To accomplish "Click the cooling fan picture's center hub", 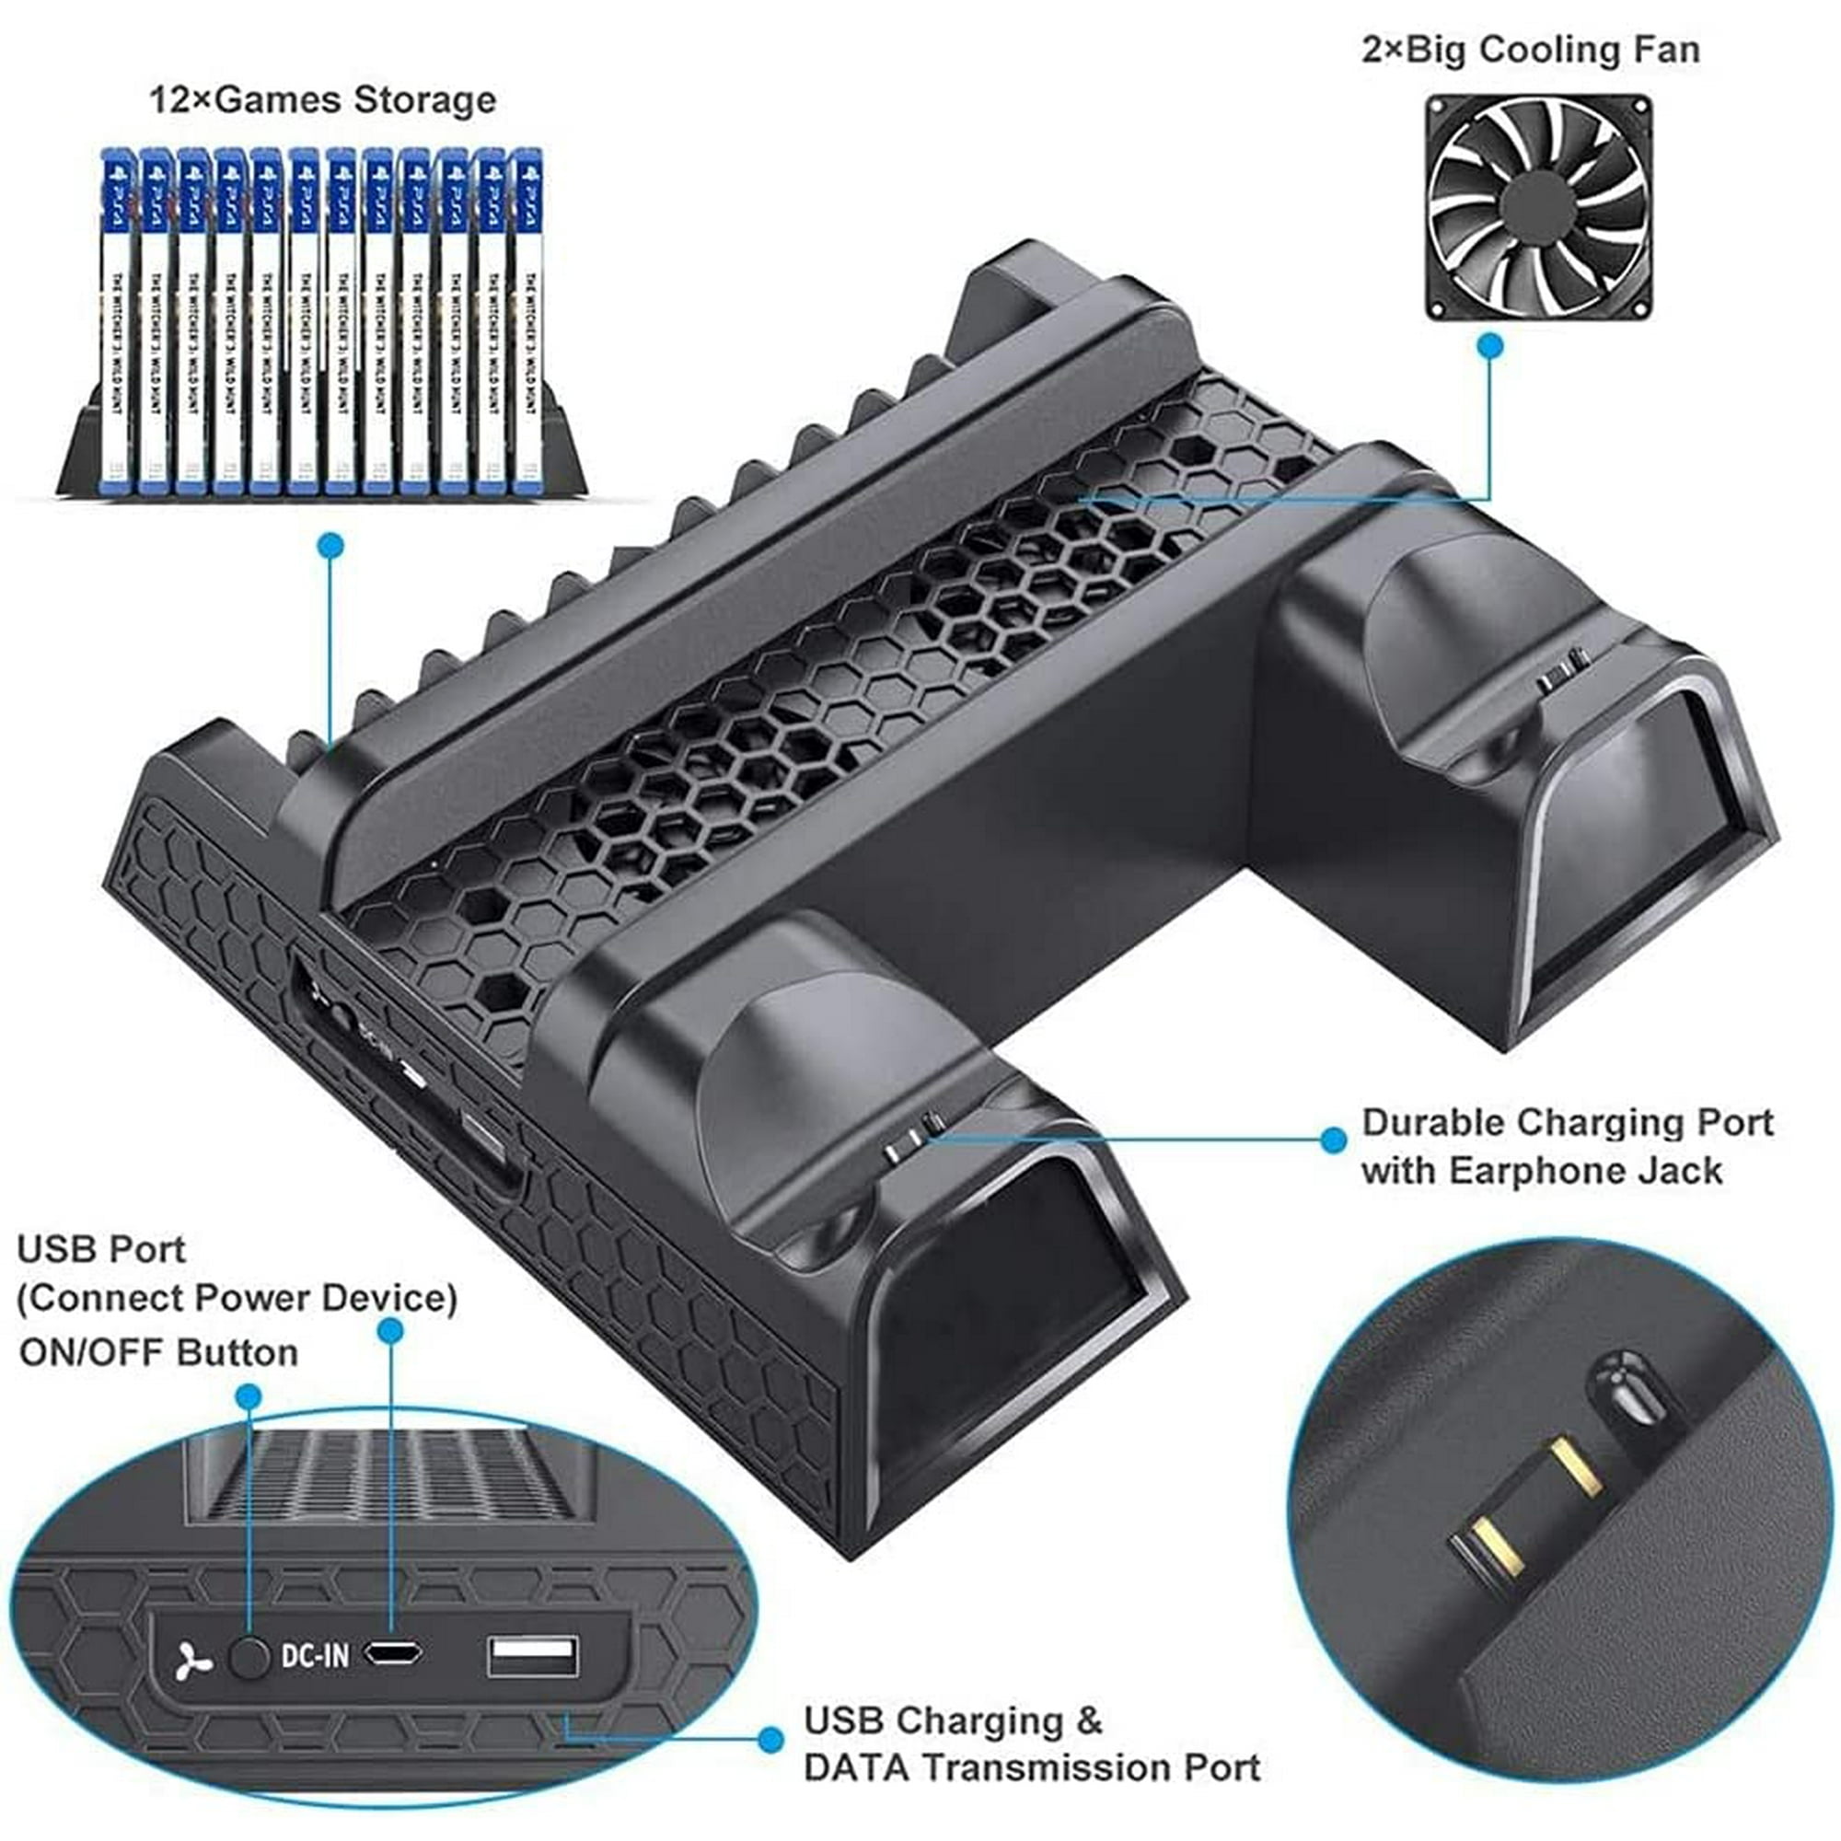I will pyautogui.click(x=1538, y=208).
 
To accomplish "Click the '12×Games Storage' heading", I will pyautogui.click(x=323, y=100).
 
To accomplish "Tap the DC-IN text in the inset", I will pyautogui.click(x=316, y=1656).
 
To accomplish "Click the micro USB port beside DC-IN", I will pyautogui.click(x=395, y=1653).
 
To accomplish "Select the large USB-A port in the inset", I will pyautogui.click(x=533, y=1656).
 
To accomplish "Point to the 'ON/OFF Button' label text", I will pyautogui.click(x=158, y=1353).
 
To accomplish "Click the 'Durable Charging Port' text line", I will pyautogui.click(x=1567, y=1122).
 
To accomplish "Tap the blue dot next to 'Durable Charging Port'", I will pyautogui.click(x=1333, y=1140).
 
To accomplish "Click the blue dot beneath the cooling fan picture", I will pyautogui.click(x=1490, y=345).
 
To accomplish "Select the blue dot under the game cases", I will pyautogui.click(x=330, y=545).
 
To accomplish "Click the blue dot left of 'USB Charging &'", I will pyautogui.click(x=770, y=1739).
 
